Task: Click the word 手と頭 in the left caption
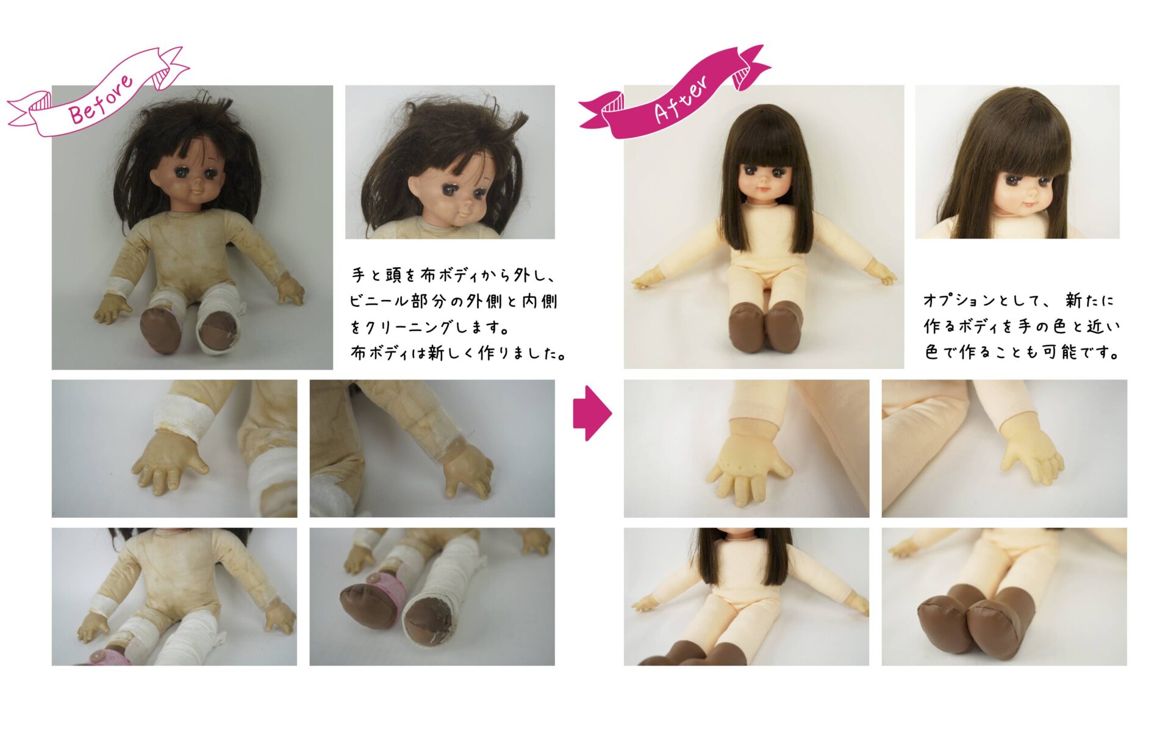click(376, 275)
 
